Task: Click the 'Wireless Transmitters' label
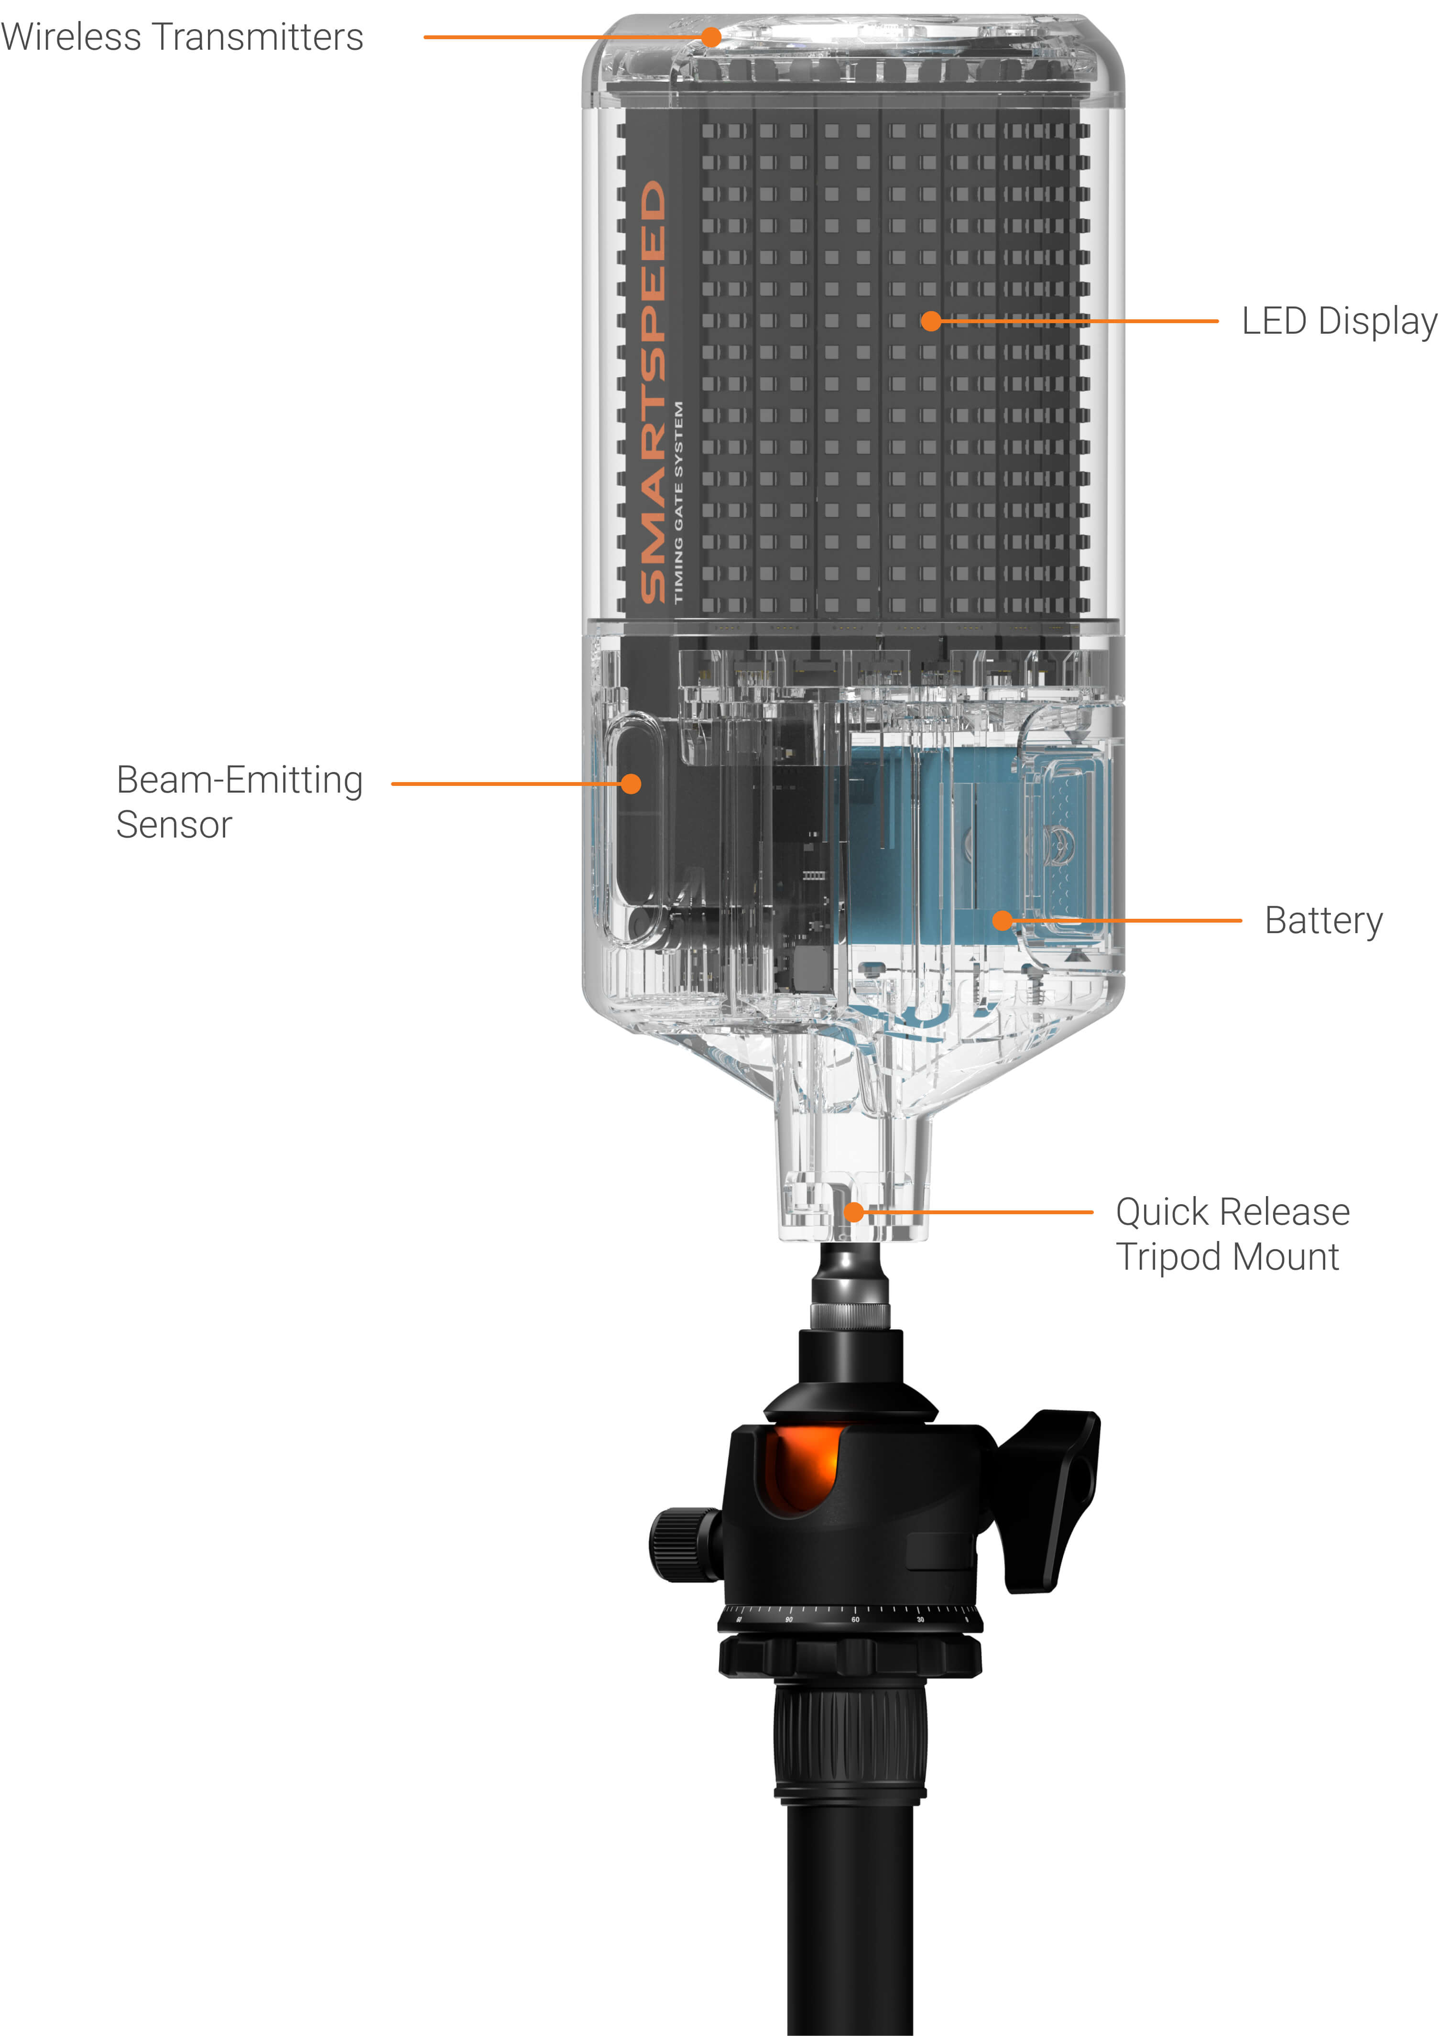pyautogui.click(x=182, y=37)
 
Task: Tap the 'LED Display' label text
pyautogui.click(x=1338, y=321)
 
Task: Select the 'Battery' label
pyautogui.click(x=1323, y=920)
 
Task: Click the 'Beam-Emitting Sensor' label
pyautogui.click(x=240, y=802)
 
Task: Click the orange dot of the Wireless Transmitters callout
pyautogui.click(x=711, y=37)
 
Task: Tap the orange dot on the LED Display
pyautogui.click(x=930, y=321)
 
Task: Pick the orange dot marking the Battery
pyautogui.click(x=1002, y=920)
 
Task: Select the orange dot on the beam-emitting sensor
pyautogui.click(x=631, y=784)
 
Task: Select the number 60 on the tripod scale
pyautogui.click(x=855, y=1619)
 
